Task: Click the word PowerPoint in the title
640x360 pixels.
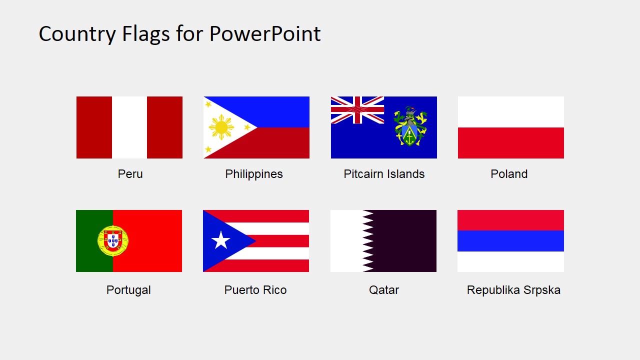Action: tap(264, 34)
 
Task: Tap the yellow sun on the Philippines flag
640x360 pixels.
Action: tap(221, 127)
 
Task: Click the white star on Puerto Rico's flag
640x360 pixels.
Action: tap(220, 240)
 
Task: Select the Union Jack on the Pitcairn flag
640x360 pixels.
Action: tap(357, 110)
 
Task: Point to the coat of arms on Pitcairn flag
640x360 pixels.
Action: tap(410, 126)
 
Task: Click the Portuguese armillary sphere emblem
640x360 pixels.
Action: tap(113, 240)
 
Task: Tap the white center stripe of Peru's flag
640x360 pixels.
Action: tap(129, 127)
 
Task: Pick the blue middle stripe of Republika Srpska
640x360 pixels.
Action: tap(510, 240)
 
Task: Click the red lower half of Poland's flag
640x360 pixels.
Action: tap(510, 143)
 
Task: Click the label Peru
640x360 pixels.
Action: tap(130, 174)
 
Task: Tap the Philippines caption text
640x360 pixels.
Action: tap(254, 174)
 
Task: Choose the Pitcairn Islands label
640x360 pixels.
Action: tap(384, 174)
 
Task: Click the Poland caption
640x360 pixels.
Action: tap(509, 174)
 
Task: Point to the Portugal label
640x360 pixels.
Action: tap(128, 290)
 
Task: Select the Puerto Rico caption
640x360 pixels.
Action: tap(255, 290)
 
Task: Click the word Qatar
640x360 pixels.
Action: tap(384, 290)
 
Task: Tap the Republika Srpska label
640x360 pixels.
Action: tap(513, 290)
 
